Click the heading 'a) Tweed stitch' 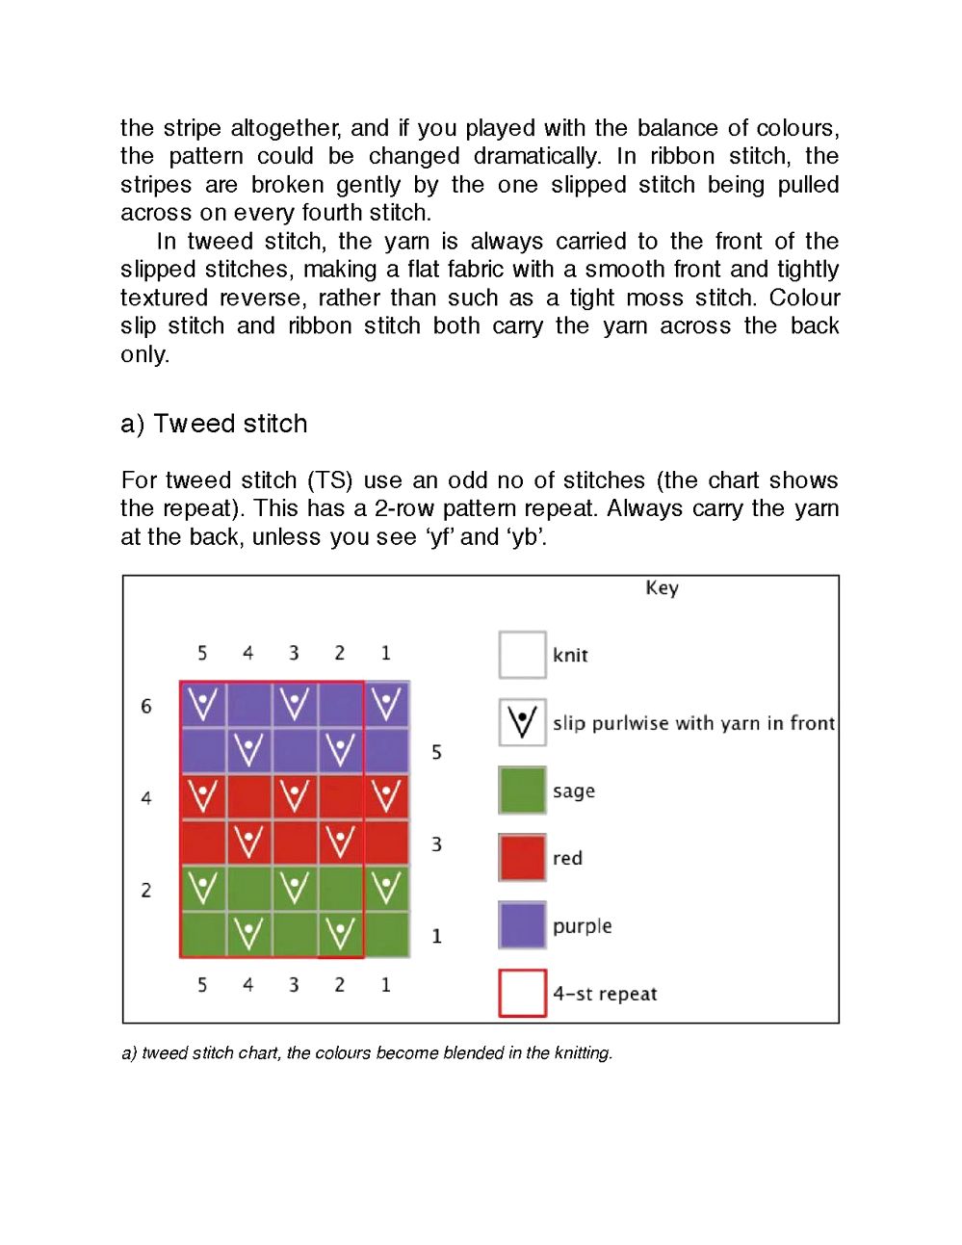(214, 424)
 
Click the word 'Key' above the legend (662, 588)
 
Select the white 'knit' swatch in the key (522, 656)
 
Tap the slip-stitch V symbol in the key (522, 722)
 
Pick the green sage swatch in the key (522, 791)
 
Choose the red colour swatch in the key (522, 858)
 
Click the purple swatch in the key (522, 925)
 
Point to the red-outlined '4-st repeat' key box (522, 993)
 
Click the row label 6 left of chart (146, 707)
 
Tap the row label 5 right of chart (436, 752)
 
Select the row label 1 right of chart (436, 936)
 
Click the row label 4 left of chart (146, 798)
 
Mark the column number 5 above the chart (202, 654)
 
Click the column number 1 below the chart (385, 985)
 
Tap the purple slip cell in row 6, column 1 (386, 705)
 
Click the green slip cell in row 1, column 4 (248, 934)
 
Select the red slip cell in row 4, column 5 (203, 796)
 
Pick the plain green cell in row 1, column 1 (386, 934)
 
